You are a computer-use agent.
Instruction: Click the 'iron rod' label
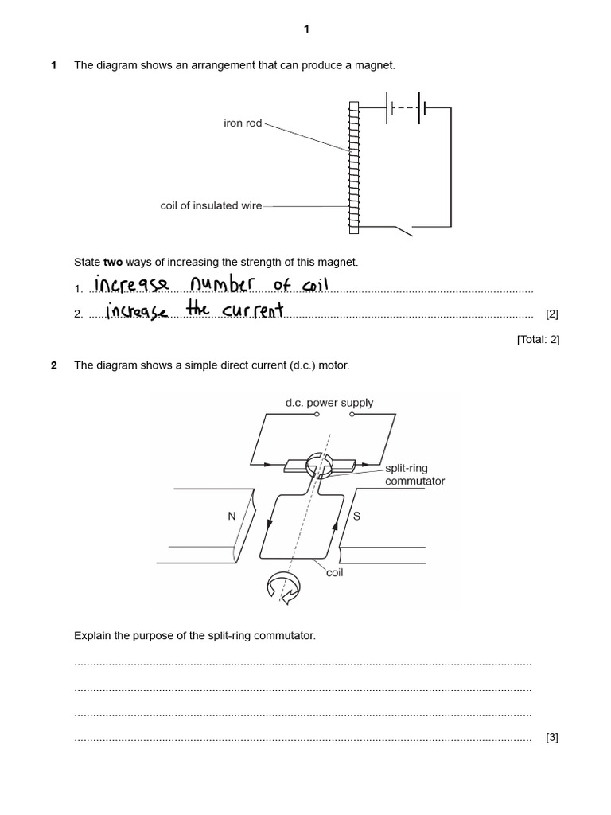click(243, 123)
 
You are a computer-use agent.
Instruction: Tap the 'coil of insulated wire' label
click(211, 205)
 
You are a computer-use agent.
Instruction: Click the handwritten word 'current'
click(252, 310)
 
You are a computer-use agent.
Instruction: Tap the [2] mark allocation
click(552, 314)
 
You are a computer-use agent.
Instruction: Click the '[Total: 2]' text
click(538, 339)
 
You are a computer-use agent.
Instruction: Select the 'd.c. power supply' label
click(329, 403)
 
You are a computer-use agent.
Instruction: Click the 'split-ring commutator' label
click(414, 475)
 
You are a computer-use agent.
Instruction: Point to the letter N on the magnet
click(232, 516)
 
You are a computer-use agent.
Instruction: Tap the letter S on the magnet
click(356, 516)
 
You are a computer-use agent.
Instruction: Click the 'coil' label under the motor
click(334, 573)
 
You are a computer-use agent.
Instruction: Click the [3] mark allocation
click(552, 737)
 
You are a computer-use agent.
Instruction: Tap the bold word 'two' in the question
click(113, 262)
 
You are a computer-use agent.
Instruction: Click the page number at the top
click(306, 29)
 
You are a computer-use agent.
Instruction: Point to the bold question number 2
click(54, 365)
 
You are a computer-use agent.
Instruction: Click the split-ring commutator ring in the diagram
click(317, 463)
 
